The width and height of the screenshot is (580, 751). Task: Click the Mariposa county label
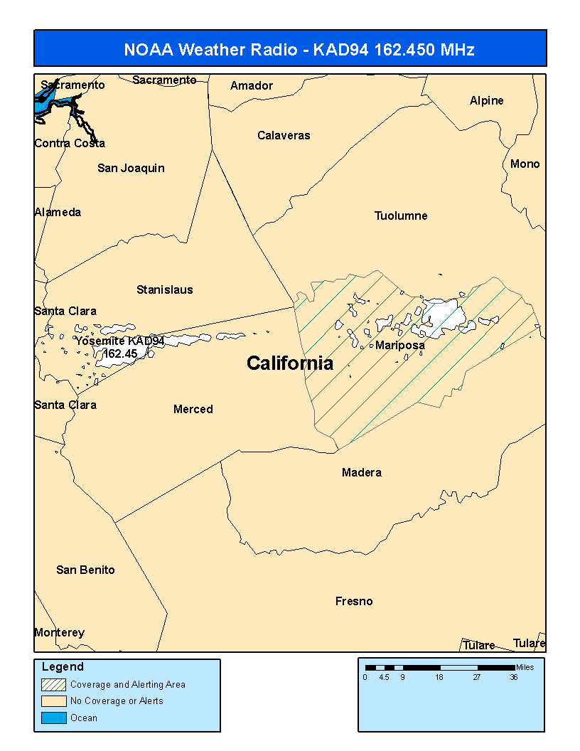point(399,346)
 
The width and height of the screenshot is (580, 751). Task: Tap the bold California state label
point(290,363)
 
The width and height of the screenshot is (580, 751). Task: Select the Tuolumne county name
point(401,215)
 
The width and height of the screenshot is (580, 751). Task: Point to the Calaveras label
point(284,135)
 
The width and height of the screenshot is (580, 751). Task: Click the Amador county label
point(252,85)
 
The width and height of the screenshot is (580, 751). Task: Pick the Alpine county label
point(486,100)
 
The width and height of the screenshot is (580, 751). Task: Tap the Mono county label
point(525,164)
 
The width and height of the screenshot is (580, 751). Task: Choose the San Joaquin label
point(131,168)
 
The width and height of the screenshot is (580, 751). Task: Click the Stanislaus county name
point(164,289)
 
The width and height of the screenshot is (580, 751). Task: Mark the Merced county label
point(193,409)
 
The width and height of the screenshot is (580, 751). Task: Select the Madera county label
point(361,472)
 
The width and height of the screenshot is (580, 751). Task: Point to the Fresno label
point(354,602)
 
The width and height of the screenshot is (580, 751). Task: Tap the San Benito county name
point(85,570)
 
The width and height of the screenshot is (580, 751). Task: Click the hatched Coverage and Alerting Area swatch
point(53,684)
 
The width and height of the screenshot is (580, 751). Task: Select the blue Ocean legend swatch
point(53,718)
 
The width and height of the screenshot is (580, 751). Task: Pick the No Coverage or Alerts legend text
point(117,701)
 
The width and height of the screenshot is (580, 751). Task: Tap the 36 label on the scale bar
point(513,677)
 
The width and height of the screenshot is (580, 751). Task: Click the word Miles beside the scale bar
point(525,667)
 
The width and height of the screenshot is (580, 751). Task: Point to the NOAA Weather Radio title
point(289,49)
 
